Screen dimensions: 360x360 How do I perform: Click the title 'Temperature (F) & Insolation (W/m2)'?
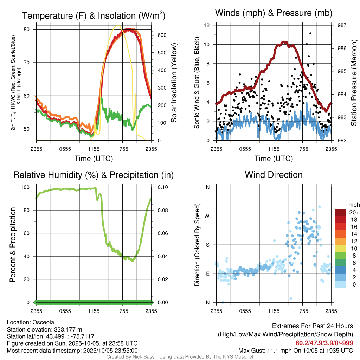[94, 15]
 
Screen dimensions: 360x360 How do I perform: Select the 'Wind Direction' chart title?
[274, 175]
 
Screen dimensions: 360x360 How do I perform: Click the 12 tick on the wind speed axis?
[207, 25]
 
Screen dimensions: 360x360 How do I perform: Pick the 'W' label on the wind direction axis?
[207, 216]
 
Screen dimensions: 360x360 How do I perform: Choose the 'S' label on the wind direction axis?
[207, 245]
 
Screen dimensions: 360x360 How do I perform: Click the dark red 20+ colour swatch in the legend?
[340, 212]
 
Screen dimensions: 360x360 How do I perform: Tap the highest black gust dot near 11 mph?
[310, 33]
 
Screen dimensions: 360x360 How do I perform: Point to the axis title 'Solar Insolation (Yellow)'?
[174, 83]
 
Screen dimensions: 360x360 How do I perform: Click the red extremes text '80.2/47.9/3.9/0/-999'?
[324, 343]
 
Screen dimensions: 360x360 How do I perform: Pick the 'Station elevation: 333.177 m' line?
[44, 329]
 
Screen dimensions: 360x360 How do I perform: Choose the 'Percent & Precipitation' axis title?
[13, 245]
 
